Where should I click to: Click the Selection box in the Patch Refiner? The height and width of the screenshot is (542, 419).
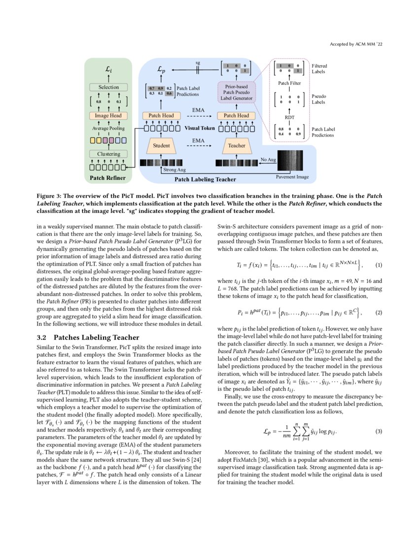click(x=108, y=87)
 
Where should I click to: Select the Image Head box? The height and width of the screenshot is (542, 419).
click(x=108, y=116)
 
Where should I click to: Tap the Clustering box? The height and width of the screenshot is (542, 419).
click(x=108, y=154)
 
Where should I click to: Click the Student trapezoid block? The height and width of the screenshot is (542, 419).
click(x=161, y=146)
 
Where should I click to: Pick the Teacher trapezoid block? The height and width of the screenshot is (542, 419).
click(x=237, y=146)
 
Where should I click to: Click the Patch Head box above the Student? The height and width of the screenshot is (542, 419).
click(x=161, y=116)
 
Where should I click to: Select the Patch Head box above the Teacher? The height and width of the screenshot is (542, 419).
click(x=237, y=116)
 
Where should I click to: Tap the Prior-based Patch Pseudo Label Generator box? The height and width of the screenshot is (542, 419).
click(x=237, y=92)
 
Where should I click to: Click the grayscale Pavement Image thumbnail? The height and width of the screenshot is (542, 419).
click(x=292, y=160)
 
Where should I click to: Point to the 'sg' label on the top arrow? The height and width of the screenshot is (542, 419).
click(x=198, y=63)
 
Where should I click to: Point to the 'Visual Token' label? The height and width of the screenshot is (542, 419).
click(x=200, y=128)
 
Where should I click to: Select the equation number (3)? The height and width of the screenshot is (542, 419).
click(x=379, y=432)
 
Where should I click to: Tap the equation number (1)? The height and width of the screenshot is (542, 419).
click(x=379, y=266)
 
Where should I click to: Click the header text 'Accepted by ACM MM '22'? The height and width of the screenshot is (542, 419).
click(x=356, y=45)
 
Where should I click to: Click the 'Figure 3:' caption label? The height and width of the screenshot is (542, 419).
click(x=52, y=196)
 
